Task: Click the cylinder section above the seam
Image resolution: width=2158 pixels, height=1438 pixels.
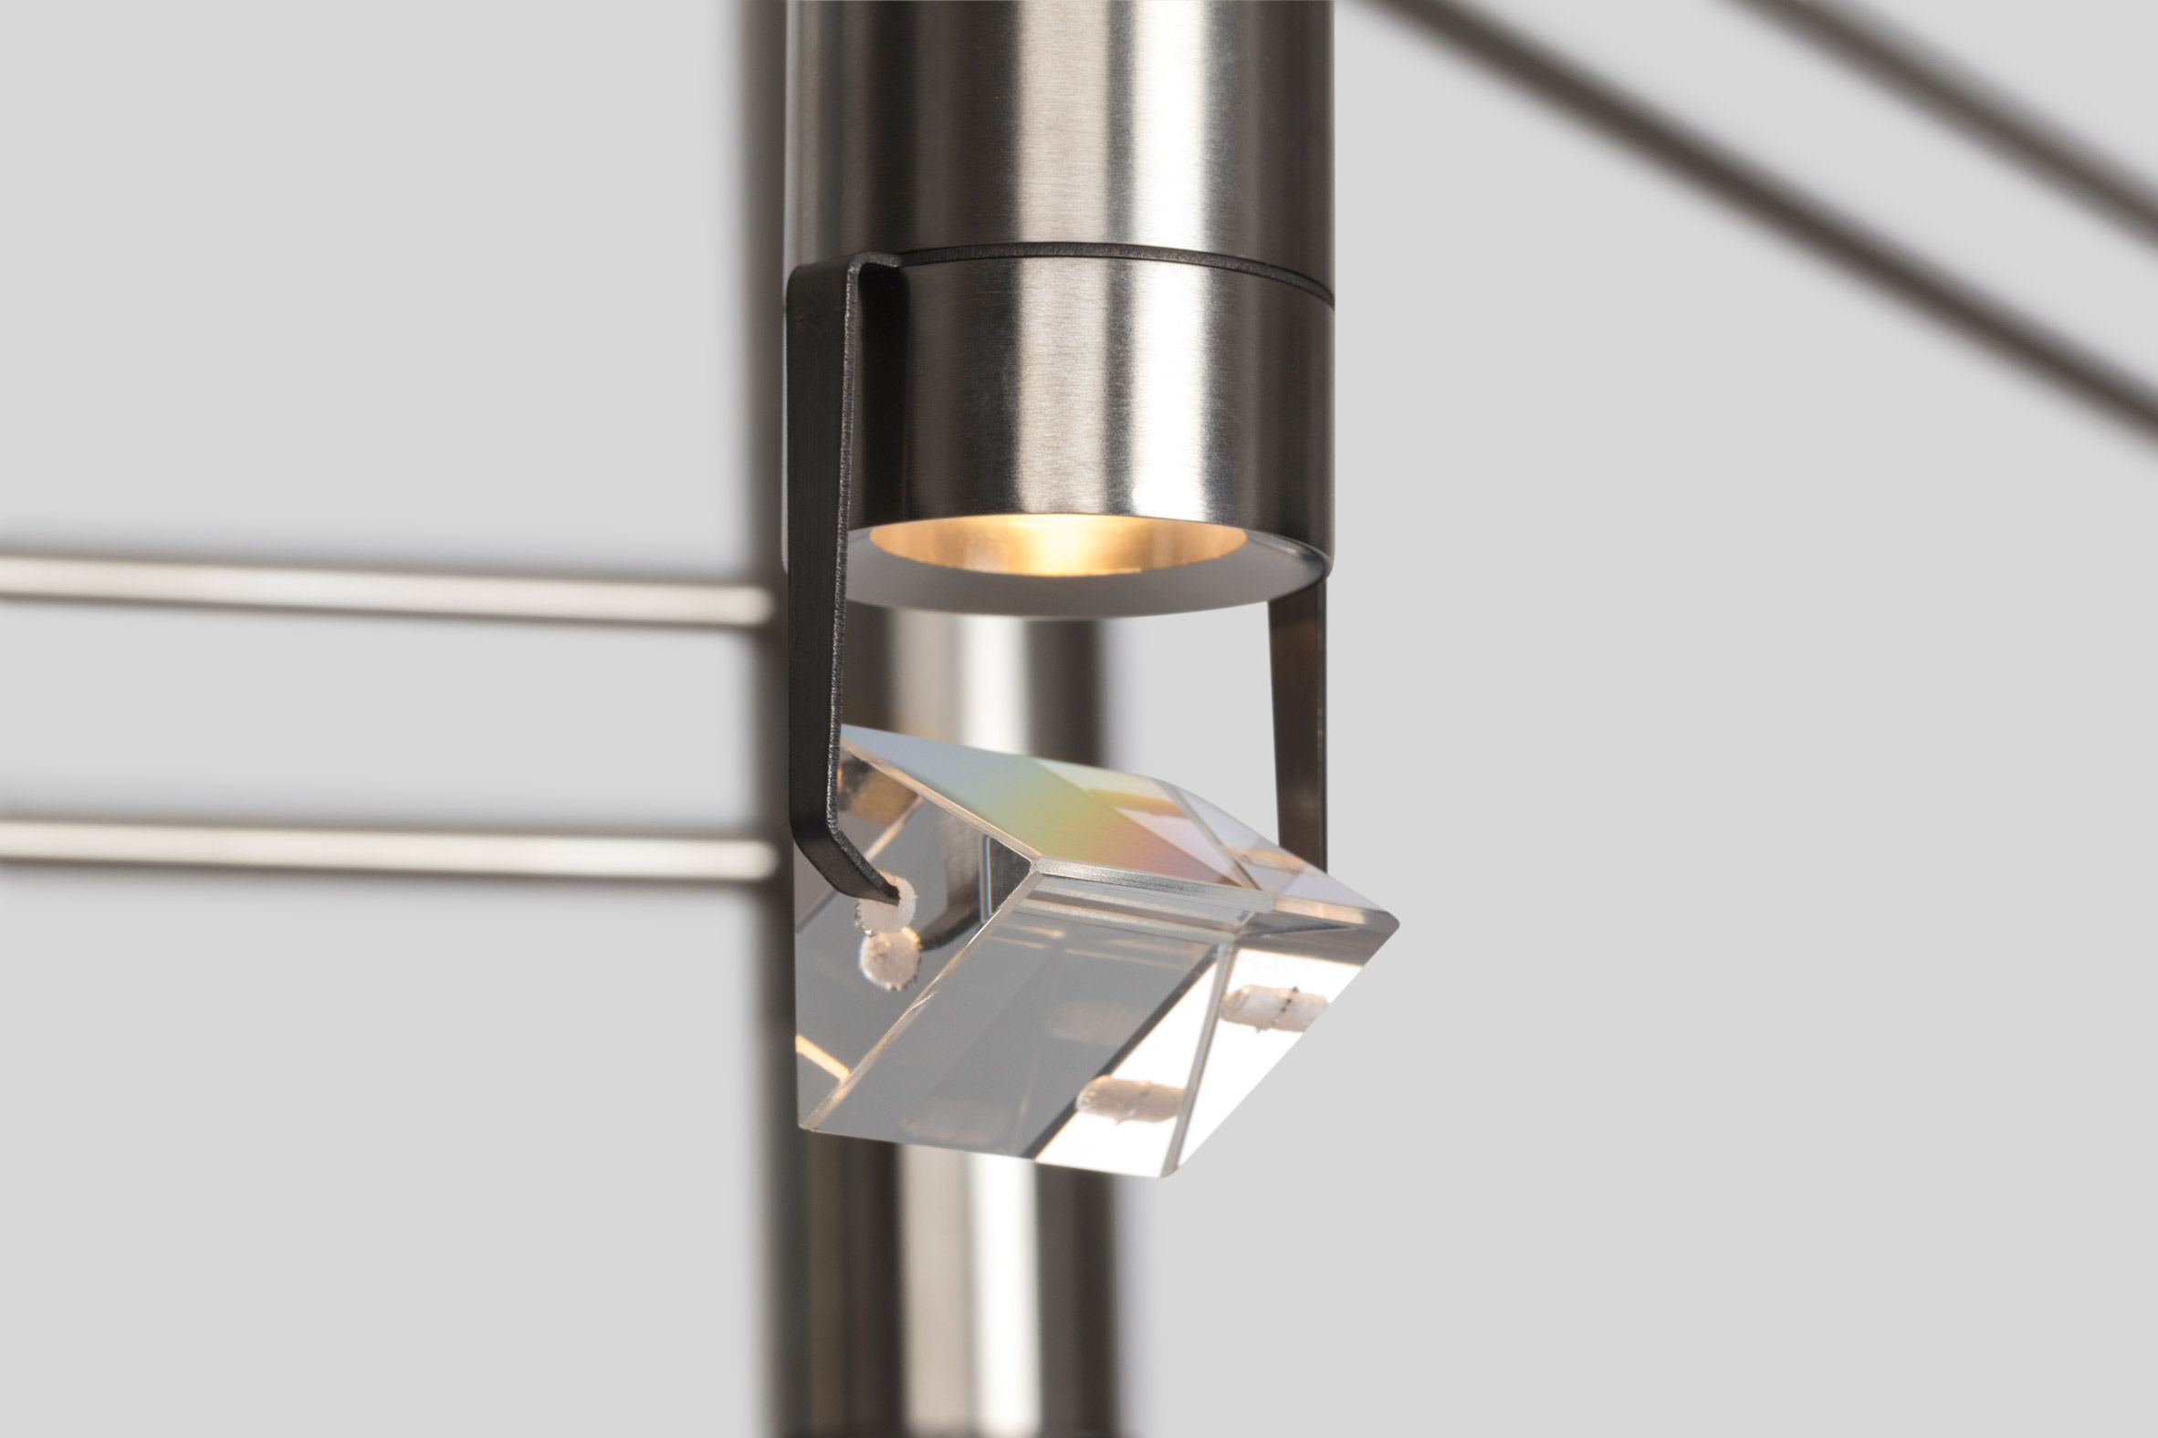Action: [x=1055, y=120]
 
